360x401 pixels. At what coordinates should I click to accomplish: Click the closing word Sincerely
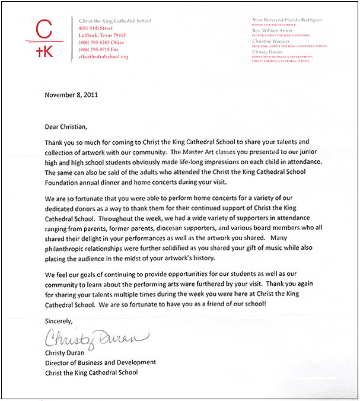pyautogui.click(x=58, y=321)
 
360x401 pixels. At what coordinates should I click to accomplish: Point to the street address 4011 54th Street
pyautogui.click(x=95, y=28)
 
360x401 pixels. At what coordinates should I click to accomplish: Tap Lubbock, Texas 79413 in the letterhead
pyautogui.click(x=101, y=35)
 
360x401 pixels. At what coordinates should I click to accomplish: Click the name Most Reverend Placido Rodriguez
pyautogui.click(x=290, y=20)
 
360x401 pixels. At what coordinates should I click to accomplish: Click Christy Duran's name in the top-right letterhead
pyautogui.click(x=269, y=52)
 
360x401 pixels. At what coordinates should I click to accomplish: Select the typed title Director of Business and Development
pyautogui.click(x=101, y=362)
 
